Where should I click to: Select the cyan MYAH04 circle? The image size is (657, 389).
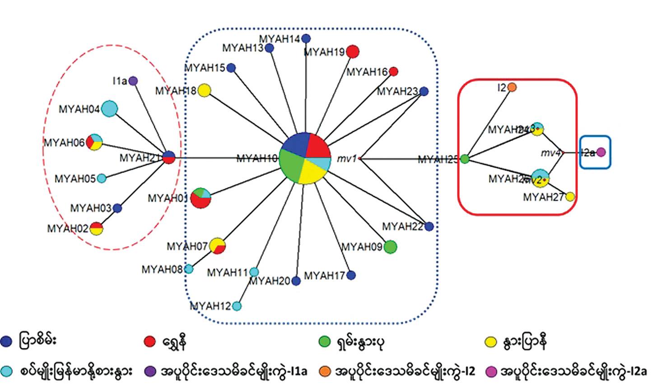pyautogui.click(x=109, y=109)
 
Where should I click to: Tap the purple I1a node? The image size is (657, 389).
pyautogui.click(x=133, y=81)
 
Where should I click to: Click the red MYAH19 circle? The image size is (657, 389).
pyautogui.click(x=353, y=52)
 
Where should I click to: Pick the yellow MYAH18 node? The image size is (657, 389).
pyautogui.click(x=204, y=90)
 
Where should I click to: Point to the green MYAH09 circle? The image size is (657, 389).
pyautogui.click(x=390, y=247)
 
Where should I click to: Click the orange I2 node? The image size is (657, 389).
pyautogui.click(x=512, y=87)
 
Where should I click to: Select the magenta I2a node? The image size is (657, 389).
pyautogui.click(x=601, y=152)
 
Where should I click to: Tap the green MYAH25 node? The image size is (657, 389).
pyautogui.click(x=465, y=159)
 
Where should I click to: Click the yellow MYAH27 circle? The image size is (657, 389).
pyautogui.click(x=570, y=197)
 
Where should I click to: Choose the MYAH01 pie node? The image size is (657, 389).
pyautogui.click(x=200, y=198)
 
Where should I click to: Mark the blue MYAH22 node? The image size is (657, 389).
pyautogui.click(x=429, y=226)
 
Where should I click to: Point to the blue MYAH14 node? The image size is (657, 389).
pyautogui.click(x=306, y=38)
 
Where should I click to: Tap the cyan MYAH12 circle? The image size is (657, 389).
pyautogui.click(x=237, y=306)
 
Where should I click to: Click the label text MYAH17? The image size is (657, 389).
pyautogui.click(x=324, y=275)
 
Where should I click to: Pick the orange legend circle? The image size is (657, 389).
pyautogui.click(x=326, y=372)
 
